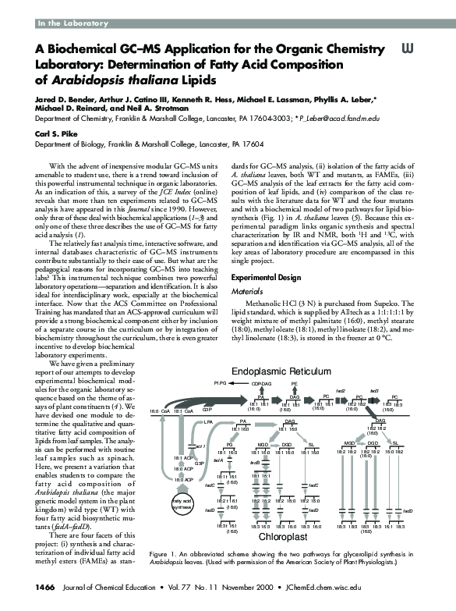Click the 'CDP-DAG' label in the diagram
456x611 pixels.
click(261, 384)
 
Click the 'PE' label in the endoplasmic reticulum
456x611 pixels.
click(294, 384)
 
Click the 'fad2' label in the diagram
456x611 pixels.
click(340, 390)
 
